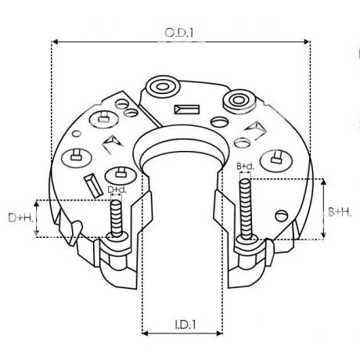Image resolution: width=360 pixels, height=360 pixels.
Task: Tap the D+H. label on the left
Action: pos(20,218)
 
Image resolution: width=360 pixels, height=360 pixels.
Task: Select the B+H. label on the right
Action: pos(339,211)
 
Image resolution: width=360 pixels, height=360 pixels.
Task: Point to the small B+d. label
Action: pos(245,167)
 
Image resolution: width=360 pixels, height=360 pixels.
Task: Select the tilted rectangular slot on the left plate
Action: pos(92,184)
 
